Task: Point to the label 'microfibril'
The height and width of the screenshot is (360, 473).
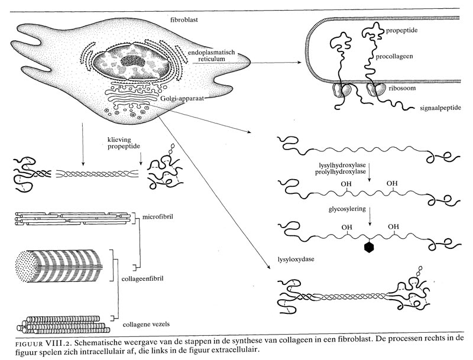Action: (x=155, y=217)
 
